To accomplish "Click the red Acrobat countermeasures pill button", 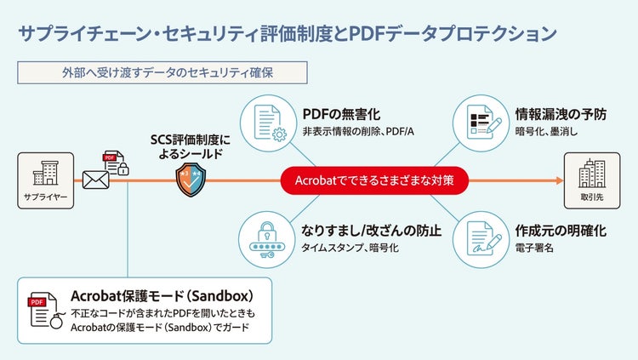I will (373, 180).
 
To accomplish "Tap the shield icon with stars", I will (192, 180).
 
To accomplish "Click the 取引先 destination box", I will (590, 181).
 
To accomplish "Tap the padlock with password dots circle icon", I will (267, 237).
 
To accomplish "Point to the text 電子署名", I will (535, 248).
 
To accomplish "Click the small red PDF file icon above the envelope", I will (111, 159).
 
